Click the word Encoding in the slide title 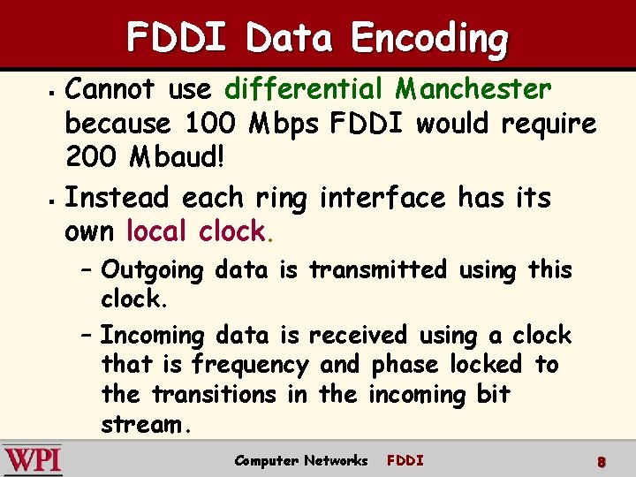click(x=429, y=39)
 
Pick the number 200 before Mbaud click(x=89, y=160)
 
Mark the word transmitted click(x=377, y=270)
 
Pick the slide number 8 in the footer click(x=601, y=462)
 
